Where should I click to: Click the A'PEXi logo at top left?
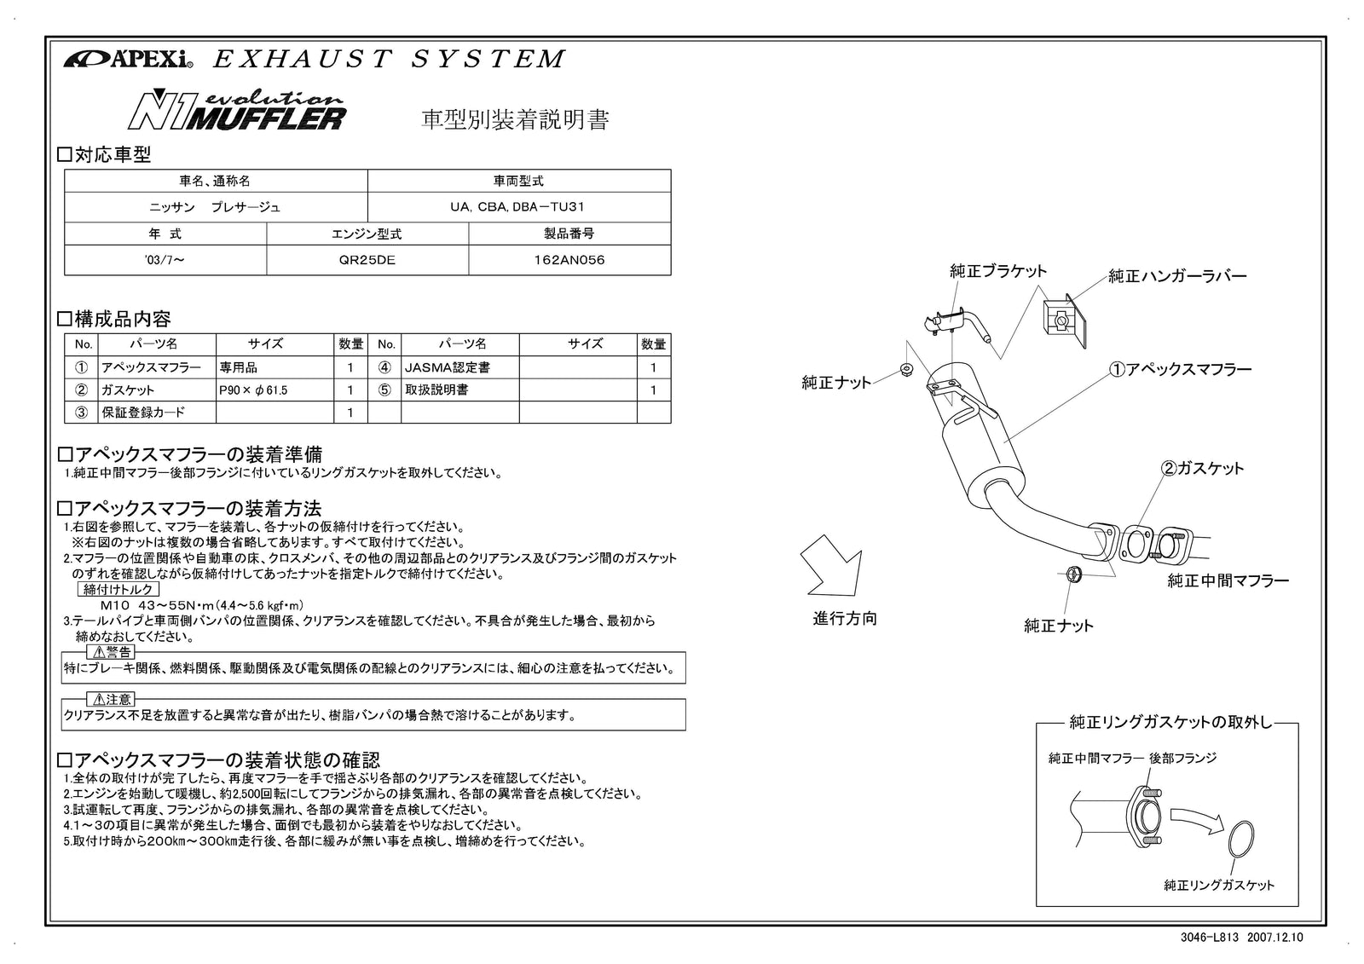(x=129, y=60)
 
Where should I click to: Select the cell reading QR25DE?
(x=367, y=260)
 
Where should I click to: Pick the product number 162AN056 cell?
(x=569, y=260)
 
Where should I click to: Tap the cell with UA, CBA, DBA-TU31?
(x=518, y=207)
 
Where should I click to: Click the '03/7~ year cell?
(x=165, y=260)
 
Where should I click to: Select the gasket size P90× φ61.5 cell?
(x=274, y=390)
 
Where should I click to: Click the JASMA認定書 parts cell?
(x=459, y=368)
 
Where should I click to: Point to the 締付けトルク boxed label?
(x=118, y=590)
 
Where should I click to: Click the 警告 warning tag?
(x=112, y=652)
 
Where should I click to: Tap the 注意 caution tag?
(x=112, y=700)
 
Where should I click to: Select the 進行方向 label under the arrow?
(x=844, y=619)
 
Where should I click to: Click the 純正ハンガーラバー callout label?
(x=1177, y=276)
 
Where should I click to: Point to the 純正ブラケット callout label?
(x=998, y=271)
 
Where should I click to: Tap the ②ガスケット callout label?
(x=1203, y=468)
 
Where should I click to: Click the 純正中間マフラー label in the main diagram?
(x=1228, y=581)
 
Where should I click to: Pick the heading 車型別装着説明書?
(x=516, y=120)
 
